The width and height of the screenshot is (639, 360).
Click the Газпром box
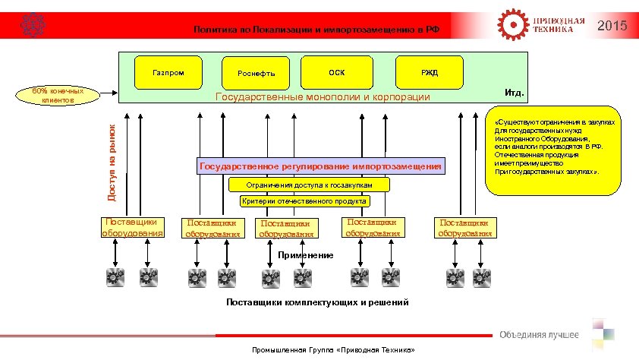(x=168, y=72)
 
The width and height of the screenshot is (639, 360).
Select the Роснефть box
(x=256, y=73)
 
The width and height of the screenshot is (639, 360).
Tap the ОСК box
(x=336, y=72)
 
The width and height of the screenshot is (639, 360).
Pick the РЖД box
(x=430, y=72)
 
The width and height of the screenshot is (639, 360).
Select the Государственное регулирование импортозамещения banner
(x=319, y=166)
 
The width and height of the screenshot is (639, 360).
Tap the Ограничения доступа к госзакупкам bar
(x=310, y=185)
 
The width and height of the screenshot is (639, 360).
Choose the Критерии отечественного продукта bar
(x=304, y=201)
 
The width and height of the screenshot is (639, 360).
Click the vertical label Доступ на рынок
(x=112, y=163)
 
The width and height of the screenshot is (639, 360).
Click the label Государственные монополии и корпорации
(x=323, y=97)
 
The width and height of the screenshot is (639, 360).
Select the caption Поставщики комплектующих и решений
(x=318, y=303)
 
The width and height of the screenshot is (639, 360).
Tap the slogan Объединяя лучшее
(x=538, y=335)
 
